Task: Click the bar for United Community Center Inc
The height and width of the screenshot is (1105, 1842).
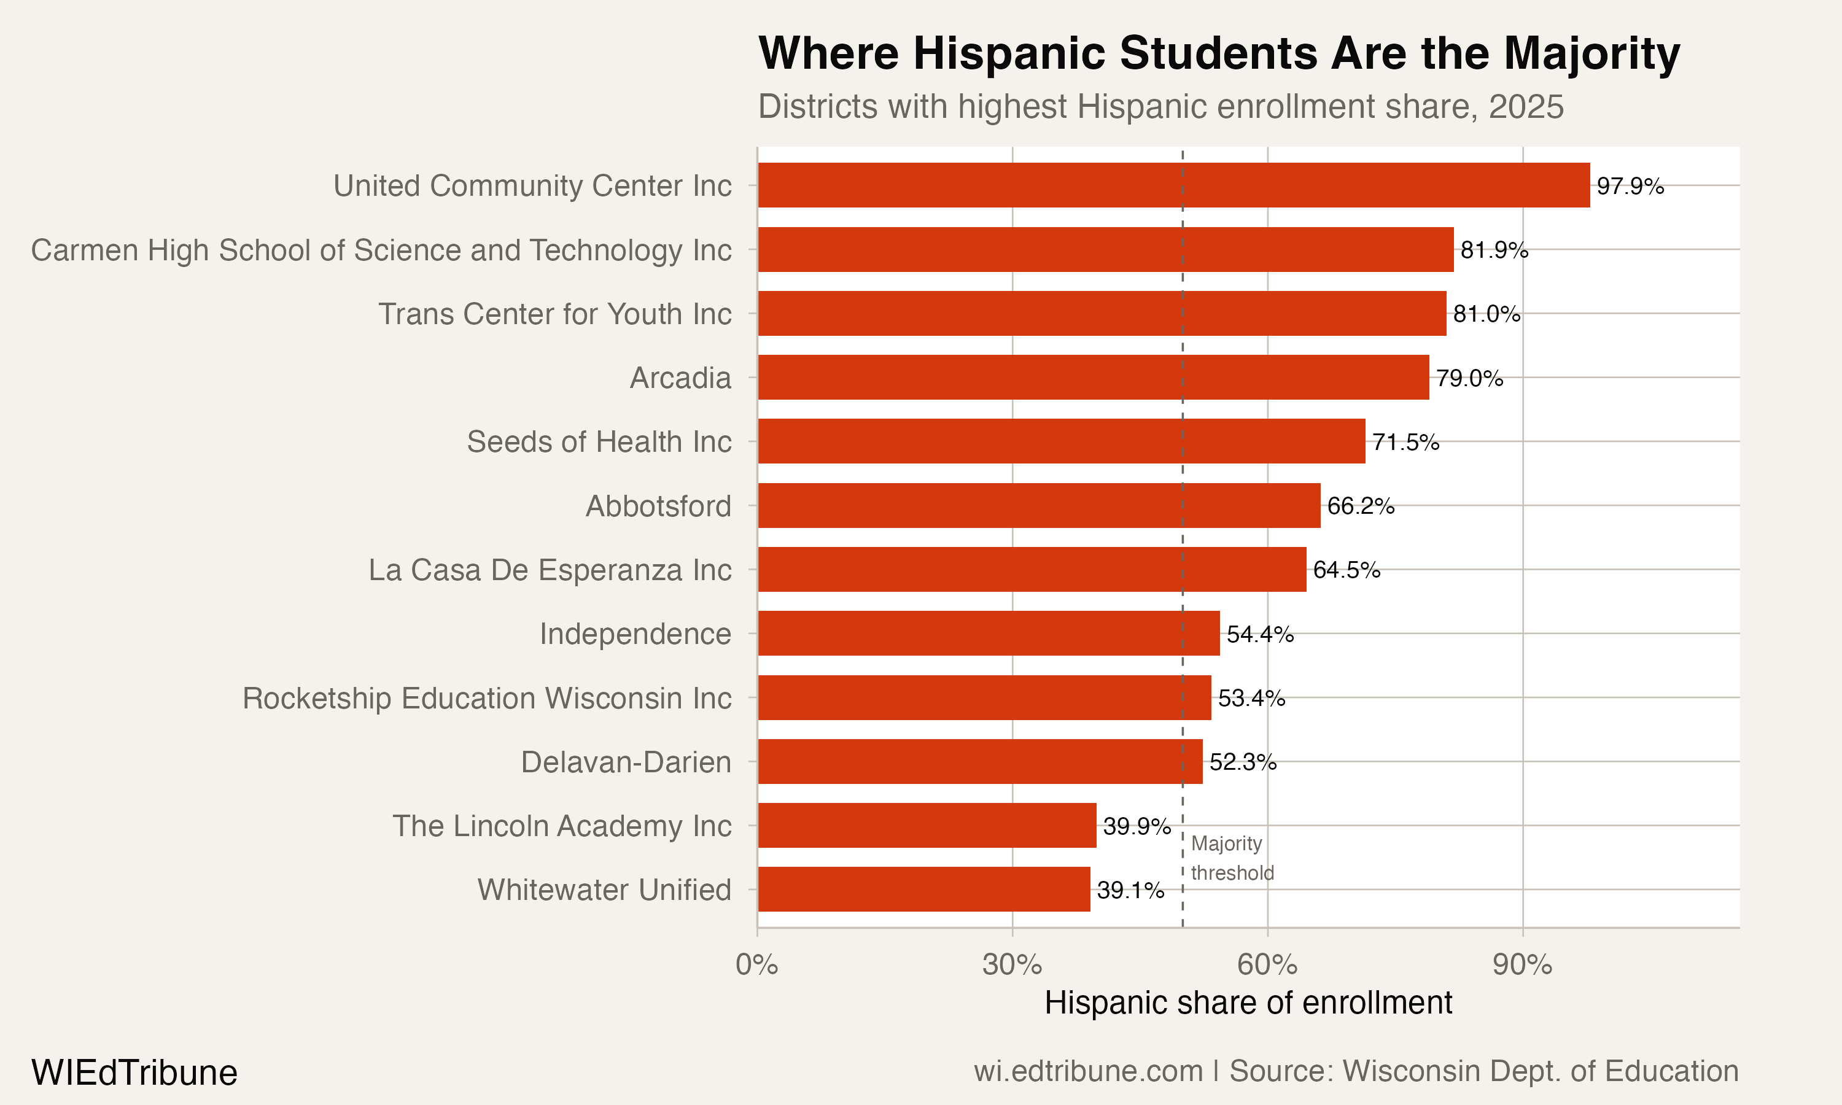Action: [1173, 185]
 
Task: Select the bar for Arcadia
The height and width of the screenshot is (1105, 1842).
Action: [1093, 378]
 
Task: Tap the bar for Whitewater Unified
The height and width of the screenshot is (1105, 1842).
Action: [924, 889]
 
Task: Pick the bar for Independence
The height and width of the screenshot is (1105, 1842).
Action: [989, 634]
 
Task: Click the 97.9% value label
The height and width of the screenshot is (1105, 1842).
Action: [1630, 186]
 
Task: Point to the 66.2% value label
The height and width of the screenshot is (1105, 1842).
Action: [1360, 506]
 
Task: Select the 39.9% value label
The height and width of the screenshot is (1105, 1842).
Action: [1136, 826]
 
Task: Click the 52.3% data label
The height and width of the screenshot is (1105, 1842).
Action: [1243, 762]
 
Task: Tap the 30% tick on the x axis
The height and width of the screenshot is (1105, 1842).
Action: [1012, 965]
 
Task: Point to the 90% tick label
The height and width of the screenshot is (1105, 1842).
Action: [1522, 965]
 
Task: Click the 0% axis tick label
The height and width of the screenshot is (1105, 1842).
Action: [756, 965]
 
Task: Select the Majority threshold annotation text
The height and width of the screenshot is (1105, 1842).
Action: [1232, 858]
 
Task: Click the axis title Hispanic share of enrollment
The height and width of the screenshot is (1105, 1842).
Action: [1248, 1003]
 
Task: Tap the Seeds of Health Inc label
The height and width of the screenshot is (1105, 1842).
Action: [599, 442]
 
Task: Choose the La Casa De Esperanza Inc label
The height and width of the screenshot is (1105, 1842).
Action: [550, 570]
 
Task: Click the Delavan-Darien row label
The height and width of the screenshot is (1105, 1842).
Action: [626, 762]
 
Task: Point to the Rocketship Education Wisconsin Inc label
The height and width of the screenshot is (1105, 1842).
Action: [487, 699]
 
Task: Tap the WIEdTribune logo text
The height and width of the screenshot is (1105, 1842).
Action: [134, 1073]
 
